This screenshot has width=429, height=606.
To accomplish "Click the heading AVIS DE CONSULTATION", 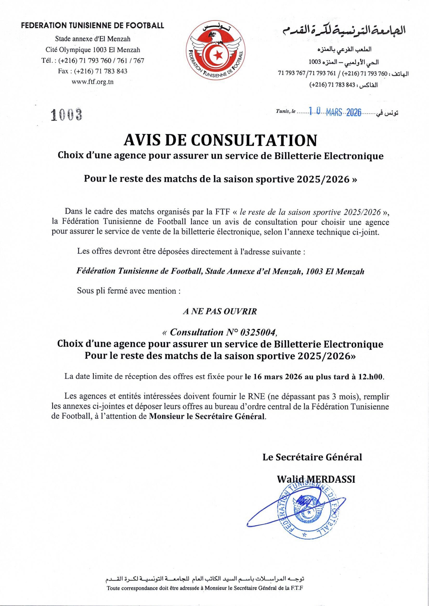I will click(220, 140).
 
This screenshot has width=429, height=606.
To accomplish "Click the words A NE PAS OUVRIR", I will click(220, 311).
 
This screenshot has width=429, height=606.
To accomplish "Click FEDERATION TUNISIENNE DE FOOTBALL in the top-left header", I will click(92, 26).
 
